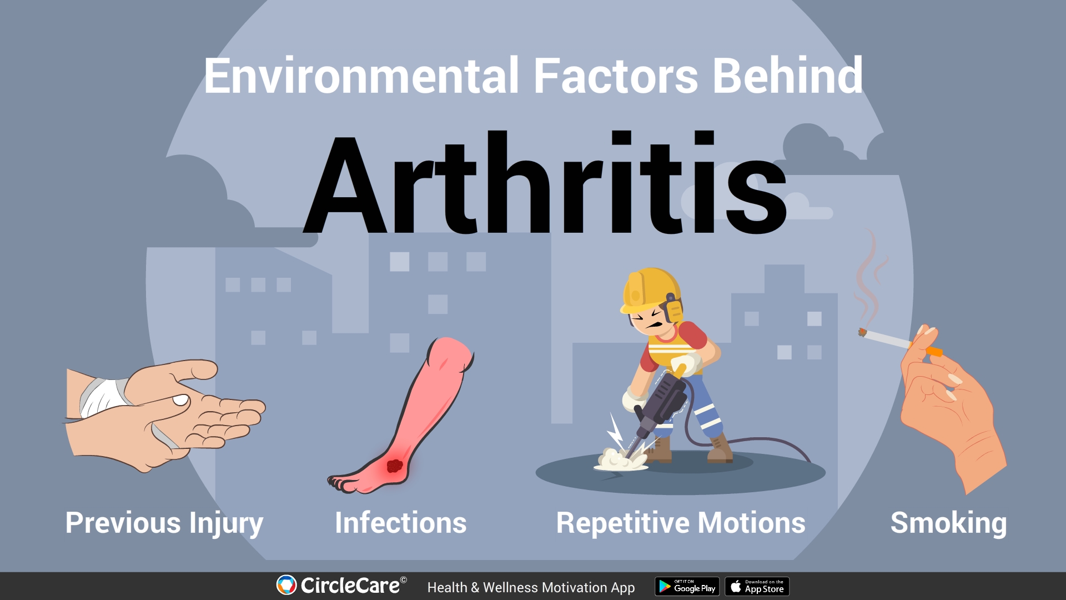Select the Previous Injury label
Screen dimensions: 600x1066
164,523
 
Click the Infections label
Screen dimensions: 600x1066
400,523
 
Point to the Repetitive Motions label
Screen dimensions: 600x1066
681,523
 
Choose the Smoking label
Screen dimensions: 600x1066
948,523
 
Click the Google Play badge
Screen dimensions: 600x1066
687,587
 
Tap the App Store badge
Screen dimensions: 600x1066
757,587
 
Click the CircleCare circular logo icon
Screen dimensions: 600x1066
286,585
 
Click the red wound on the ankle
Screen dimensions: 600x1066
394,466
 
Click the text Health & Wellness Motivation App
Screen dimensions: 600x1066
531,587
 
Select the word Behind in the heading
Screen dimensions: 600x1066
787,76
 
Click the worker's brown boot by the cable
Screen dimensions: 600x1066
720,449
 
